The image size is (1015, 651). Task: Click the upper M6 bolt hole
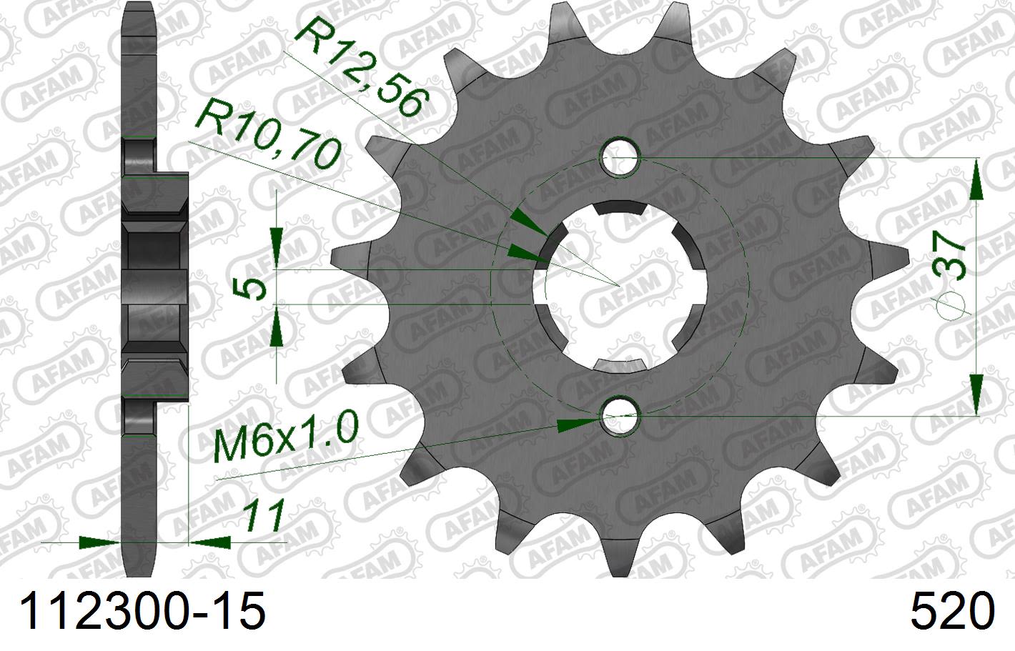tap(620, 159)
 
